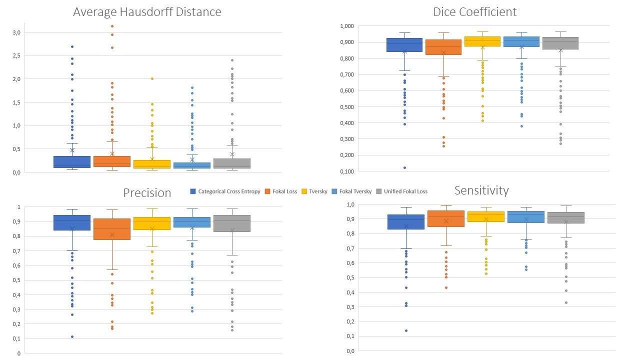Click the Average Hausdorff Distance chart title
[x=147, y=12]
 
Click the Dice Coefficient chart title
[x=474, y=11]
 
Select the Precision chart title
[x=147, y=193]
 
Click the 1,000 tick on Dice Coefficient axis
[x=346, y=26]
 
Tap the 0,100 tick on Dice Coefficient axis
[x=346, y=171]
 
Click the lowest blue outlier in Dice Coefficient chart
[x=405, y=167]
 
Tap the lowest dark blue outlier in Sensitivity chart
[x=406, y=330]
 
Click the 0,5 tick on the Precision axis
[x=18, y=280]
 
